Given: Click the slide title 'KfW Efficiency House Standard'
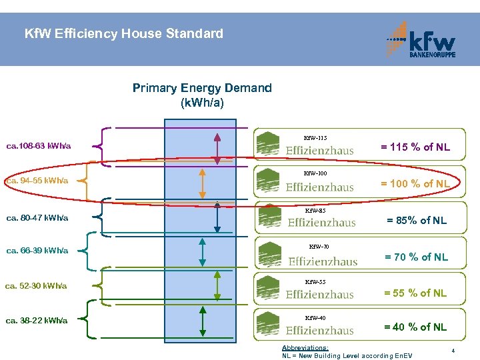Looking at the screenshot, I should tap(123, 33).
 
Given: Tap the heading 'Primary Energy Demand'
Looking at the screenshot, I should tap(202, 88).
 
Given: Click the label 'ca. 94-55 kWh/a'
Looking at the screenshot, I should tap(37, 181).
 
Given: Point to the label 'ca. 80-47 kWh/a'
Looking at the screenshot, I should tap(37, 217).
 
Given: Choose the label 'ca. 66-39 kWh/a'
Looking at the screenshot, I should tap(37, 251).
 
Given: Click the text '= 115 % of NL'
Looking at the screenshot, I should tap(415, 147).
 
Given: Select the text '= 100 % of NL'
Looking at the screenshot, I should tap(415, 183).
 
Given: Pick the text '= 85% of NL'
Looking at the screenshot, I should tap(417, 221).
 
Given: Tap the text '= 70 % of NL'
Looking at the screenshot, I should tap(416, 257).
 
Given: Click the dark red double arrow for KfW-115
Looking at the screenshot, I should tap(217, 147).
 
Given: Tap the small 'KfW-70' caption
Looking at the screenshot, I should tap(319, 247).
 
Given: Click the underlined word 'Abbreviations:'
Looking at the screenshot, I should tap(305, 348).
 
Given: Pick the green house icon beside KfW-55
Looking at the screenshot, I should tap(269, 288).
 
